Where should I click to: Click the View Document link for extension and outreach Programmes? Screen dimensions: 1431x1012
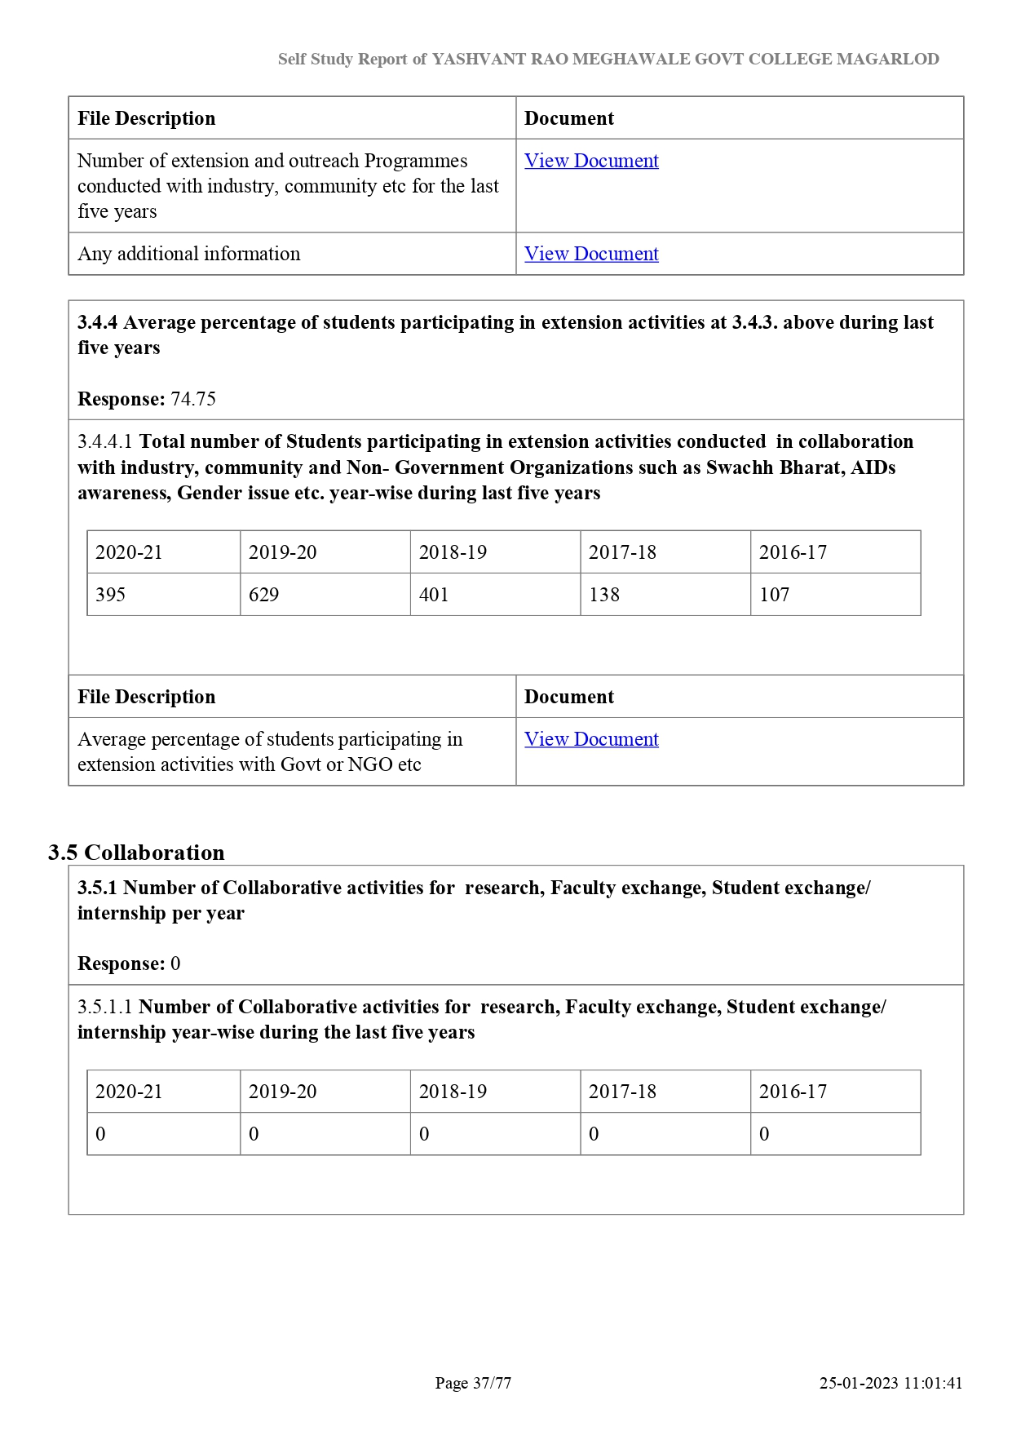point(591,161)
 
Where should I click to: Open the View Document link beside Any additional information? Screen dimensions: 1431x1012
point(591,254)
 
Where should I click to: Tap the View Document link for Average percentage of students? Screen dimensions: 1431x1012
point(591,739)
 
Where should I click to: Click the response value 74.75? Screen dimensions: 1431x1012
point(193,399)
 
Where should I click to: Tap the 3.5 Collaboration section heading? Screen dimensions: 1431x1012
point(136,853)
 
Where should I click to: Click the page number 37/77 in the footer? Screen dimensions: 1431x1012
point(492,1383)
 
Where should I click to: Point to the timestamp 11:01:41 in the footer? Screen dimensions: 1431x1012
point(933,1383)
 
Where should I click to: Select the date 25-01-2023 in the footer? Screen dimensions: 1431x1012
point(859,1383)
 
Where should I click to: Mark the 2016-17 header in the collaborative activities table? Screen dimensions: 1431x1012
point(793,1092)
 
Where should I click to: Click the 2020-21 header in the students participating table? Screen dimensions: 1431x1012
point(129,552)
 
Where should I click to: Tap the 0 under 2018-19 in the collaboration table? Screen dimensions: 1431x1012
point(424,1134)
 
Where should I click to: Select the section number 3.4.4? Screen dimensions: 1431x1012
point(98,322)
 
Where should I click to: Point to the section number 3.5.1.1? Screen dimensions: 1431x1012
point(105,1007)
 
